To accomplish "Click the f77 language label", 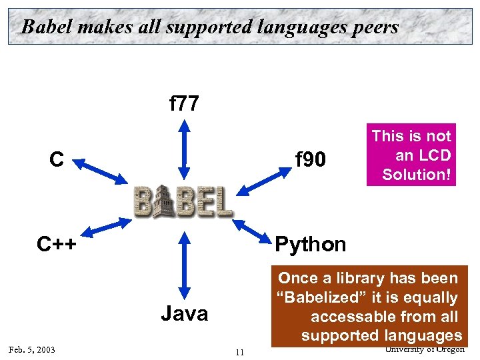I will [184, 103].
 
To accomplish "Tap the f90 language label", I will [311, 160].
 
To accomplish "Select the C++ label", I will [57, 245].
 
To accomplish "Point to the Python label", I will [311, 245].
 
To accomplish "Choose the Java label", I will [184, 313].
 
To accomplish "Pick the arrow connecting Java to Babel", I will [182, 265].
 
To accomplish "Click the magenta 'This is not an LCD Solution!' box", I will [411, 155].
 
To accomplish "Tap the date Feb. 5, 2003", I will [31, 350].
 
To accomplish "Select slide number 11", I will [240, 353].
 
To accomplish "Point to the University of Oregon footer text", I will [424, 349].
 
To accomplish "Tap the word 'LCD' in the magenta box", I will [436, 155].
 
